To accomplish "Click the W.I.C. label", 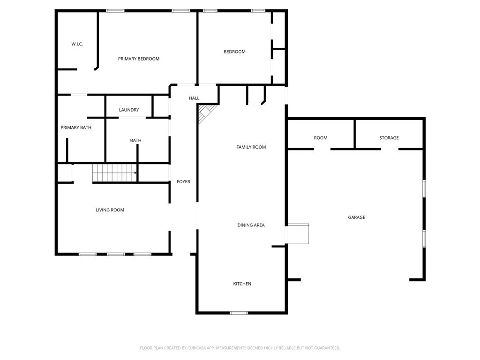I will (77, 44).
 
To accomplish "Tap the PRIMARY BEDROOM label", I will (139, 59).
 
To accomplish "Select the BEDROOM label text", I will (234, 52).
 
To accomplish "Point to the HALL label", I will (194, 98).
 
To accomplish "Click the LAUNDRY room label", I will (129, 110).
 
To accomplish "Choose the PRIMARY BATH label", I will (76, 127).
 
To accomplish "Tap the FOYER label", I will (183, 182).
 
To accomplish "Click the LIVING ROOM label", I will (110, 210).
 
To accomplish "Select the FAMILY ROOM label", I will (251, 147).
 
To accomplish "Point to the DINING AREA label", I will (251, 225).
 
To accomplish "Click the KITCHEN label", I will (242, 284).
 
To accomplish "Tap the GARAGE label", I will (356, 217).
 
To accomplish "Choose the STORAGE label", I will (389, 138).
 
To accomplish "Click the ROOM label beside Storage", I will (321, 138).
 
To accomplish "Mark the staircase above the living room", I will (114, 172).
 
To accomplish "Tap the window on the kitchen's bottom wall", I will (239, 313).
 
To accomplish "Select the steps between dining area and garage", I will (298, 234).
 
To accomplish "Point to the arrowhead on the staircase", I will (135, 172).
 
